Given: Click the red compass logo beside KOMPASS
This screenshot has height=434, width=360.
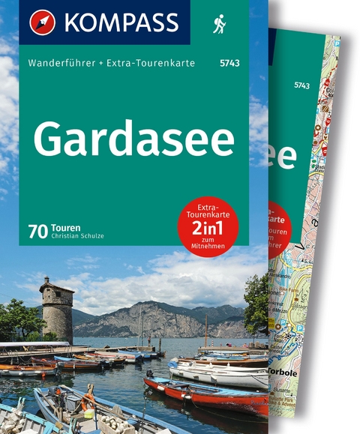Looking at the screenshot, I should pyautogui.click(x=42, y=22).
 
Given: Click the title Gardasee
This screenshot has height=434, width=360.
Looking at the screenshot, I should pyautogui.click(x=133, y=138).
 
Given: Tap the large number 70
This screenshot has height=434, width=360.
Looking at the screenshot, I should pyautogui.click(x=38, y=232).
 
